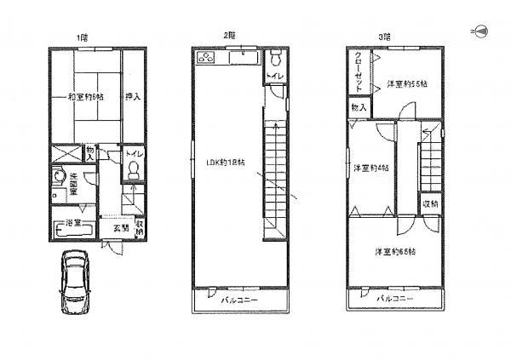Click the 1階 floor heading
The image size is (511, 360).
[x=82, y=36]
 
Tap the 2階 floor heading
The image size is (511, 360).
[x=229, y=36]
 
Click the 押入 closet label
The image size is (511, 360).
[x=133, y=96]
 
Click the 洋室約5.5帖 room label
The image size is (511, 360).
[x=407, y=84]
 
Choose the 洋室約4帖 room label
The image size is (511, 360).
[x=371, y=168]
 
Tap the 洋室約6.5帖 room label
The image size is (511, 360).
[x=393, y=252]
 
